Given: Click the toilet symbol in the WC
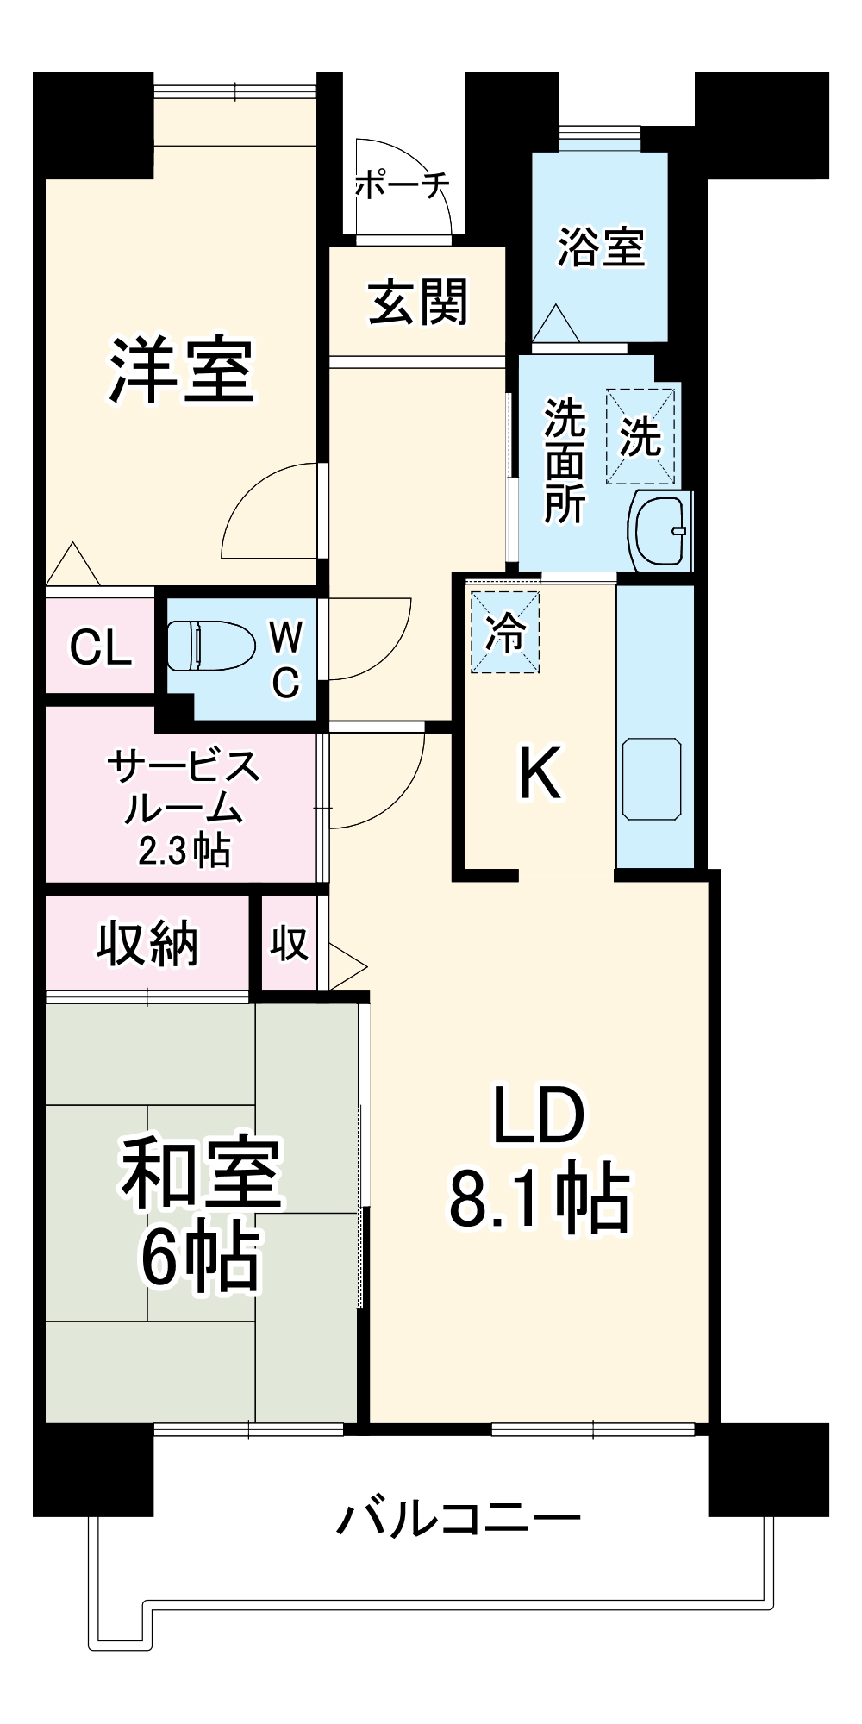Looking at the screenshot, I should pyautogui.click(x=210, y=646).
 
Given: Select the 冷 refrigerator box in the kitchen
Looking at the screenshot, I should pyautogui.click(x=505, y=633).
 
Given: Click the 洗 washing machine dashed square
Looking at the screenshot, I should pyautogui.click(x=640, y=436).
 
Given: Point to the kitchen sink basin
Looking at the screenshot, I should pyautogui.click(x=652, y=778).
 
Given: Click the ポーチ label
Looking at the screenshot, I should pyautogui.click(x=403, y=184).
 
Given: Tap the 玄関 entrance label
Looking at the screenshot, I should pyautogui.click(x=418, y=303).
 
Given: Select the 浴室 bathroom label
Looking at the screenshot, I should pyautogui.click(x=601, y=247).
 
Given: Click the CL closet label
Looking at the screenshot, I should pyautogui.click(x=100, y=646).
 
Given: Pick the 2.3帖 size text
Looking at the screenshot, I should pyautogui.click(x=184, y=852).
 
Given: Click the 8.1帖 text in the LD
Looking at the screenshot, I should pyautogui.click(x=540, y=1196).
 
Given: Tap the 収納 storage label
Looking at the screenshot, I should pyautogui.click(x=147, y=943).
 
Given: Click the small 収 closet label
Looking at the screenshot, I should pyautogui.click(x=290, y=944).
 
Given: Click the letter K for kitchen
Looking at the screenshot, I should pyautogui.click(x=540, y=773).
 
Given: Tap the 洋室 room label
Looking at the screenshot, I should pyautogui.click(x=182, y=371).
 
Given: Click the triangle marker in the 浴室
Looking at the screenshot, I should pyautogui.click(x=555, y=325).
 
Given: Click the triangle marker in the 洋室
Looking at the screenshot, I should pyautogui.click(x=72, y=566).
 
